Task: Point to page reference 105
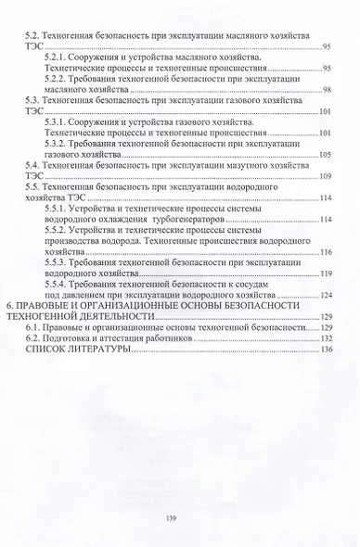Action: [325, 154]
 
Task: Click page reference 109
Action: [325, 175]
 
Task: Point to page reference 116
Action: [325, 251]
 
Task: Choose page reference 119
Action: [325, 273]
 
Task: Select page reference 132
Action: [325, 338]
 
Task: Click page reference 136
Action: [325, 350]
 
